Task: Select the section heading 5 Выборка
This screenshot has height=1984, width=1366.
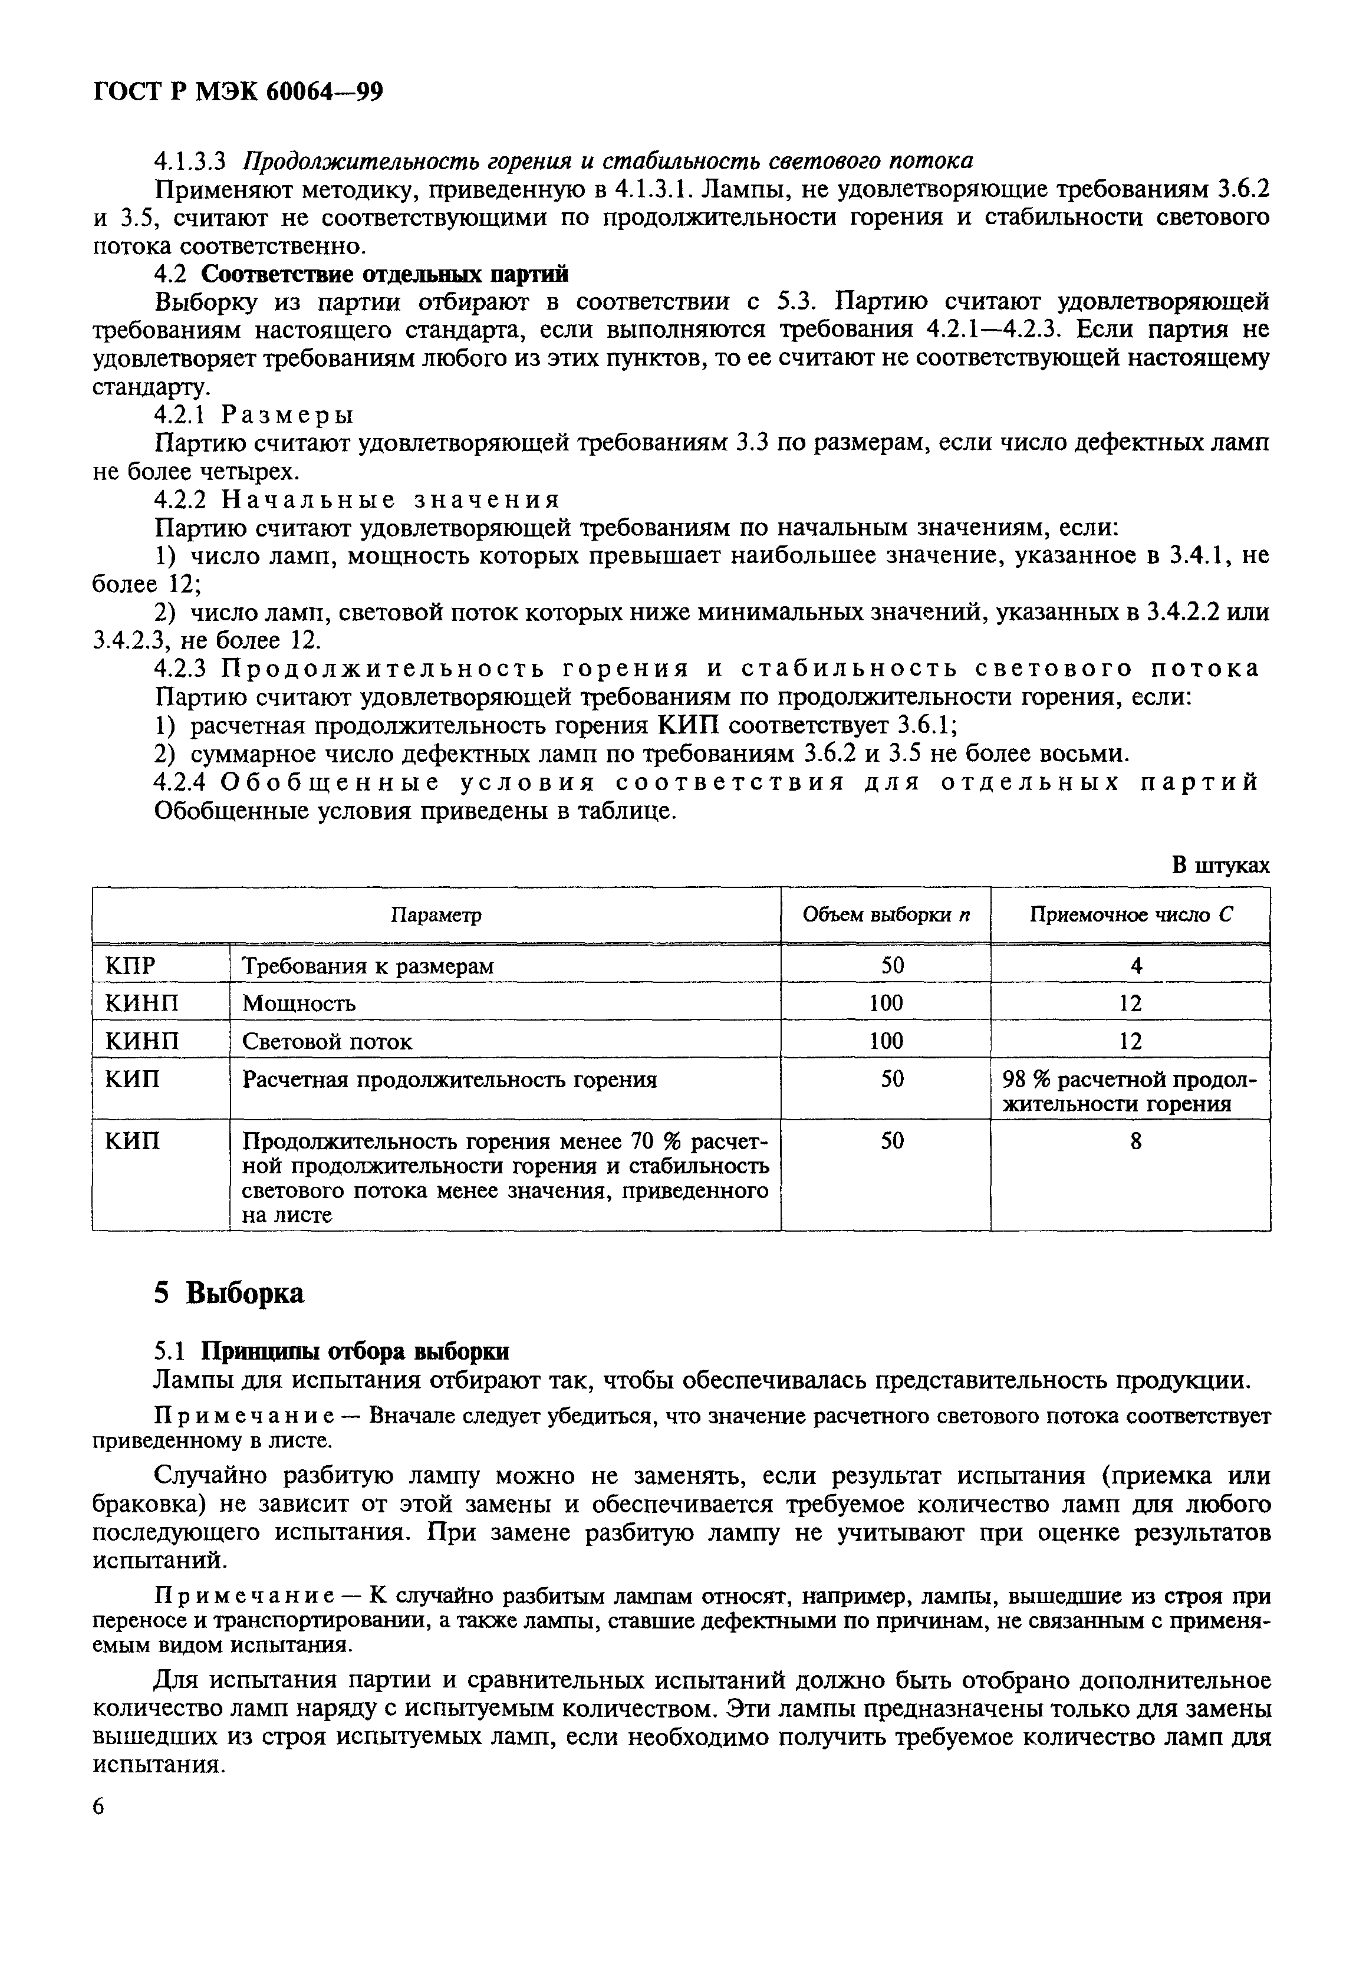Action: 229,1292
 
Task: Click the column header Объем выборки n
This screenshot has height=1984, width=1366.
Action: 886,915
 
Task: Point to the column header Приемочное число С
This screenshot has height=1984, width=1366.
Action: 1130,915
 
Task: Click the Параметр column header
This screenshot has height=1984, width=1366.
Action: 436,915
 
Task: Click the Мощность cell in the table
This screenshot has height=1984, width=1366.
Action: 299,1003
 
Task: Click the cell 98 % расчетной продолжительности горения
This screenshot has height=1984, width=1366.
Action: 1130,1091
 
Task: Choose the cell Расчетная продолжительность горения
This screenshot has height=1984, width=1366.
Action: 449,1080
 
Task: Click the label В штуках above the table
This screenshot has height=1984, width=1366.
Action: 1220,866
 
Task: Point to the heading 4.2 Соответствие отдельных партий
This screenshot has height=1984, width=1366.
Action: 360,274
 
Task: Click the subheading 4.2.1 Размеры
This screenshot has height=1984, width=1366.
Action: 254,415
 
